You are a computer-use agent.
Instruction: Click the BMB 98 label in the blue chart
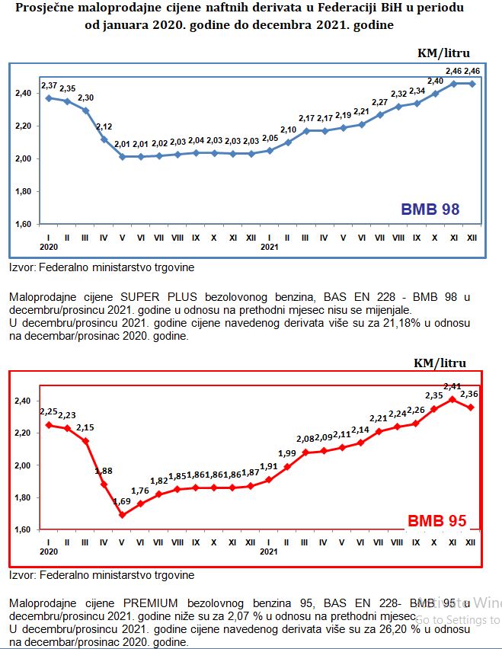pyautogui.click(x=430, y=209)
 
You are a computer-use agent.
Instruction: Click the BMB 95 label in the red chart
pyautogui.click(x=436, y=521)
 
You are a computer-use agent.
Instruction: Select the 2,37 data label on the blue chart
pyautogui.click(x=50, y=84)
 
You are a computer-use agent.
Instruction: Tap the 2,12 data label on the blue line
pyautogui.click(x=104, y=126)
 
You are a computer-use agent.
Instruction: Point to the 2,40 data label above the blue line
pyautogui.click(x=436, y=81)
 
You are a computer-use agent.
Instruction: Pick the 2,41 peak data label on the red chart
pyautogui.click(x=453, y=386)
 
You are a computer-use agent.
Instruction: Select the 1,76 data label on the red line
pyautogui.click(x=142, y=491)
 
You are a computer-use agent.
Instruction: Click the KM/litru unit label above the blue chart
pyautogui.click(x=444, y=53)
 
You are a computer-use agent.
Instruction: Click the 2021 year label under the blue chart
pyautogui.click(x=268, y=247)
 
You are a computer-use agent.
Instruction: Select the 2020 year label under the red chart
pyautogui.click(x=49, y=550)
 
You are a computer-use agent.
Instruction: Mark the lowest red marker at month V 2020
pyautogui.click(x=122, y=515)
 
